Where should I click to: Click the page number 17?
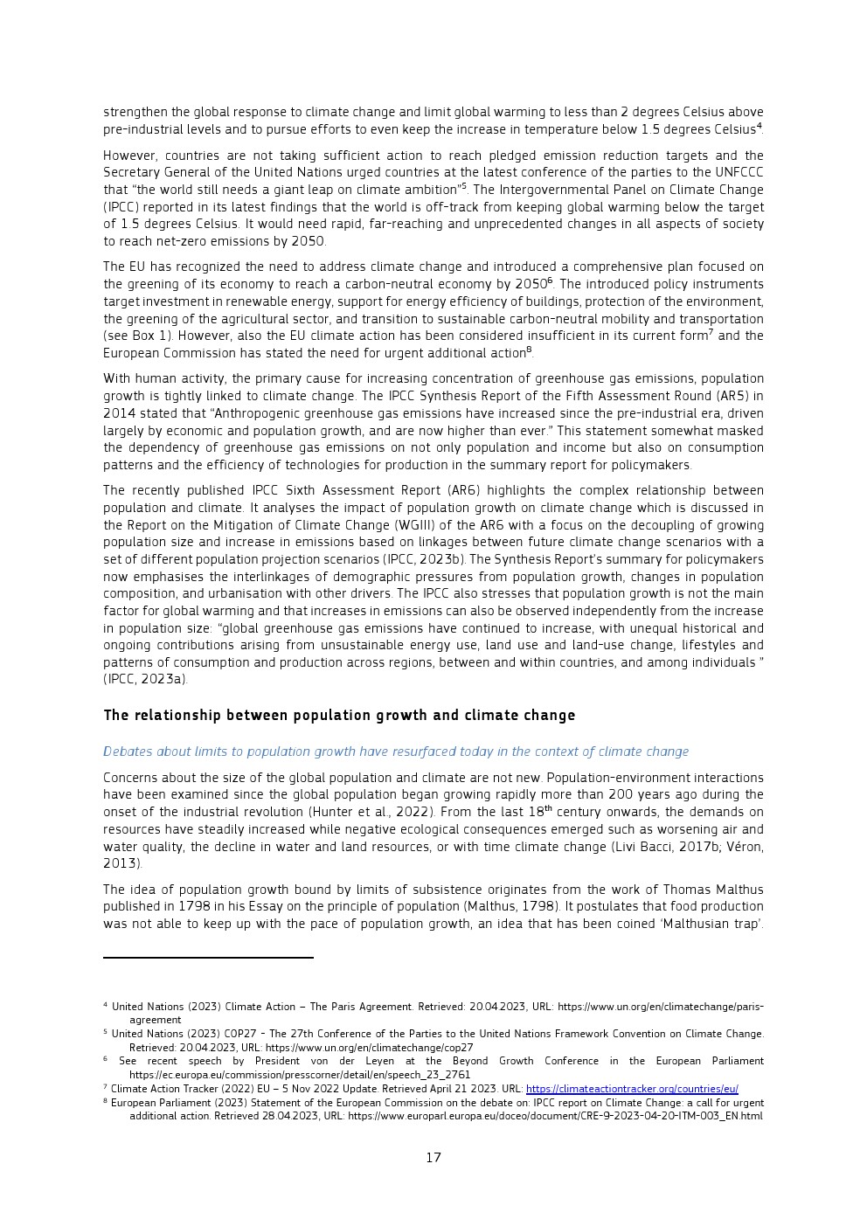pos(433,1158)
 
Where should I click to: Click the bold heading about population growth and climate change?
pos(339,716)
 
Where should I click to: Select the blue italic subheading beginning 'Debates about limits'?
pos(395,752)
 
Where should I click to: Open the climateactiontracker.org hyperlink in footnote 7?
pos(632,1089)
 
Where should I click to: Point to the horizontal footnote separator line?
pos(208,958)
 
